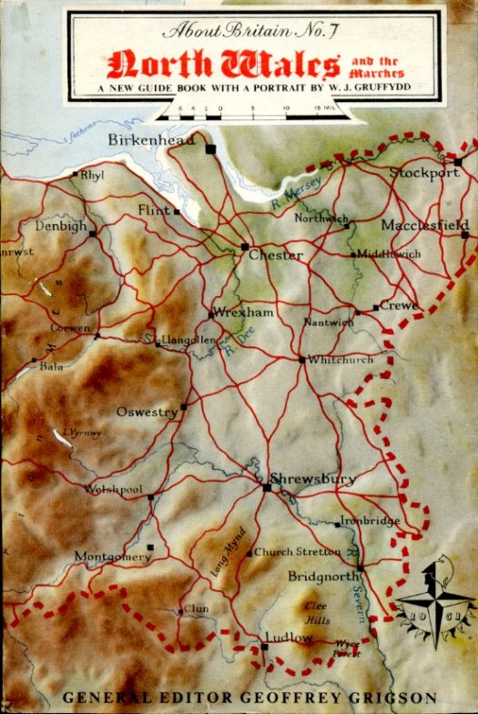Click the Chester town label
point(276,256)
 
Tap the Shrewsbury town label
point(313,478)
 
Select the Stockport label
point(425,172)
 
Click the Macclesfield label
point(425,224)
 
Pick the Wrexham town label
point(243,312)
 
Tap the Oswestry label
point(147,413)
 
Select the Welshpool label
point(114,489)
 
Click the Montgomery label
point(113,556)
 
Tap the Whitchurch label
point(341,360)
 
